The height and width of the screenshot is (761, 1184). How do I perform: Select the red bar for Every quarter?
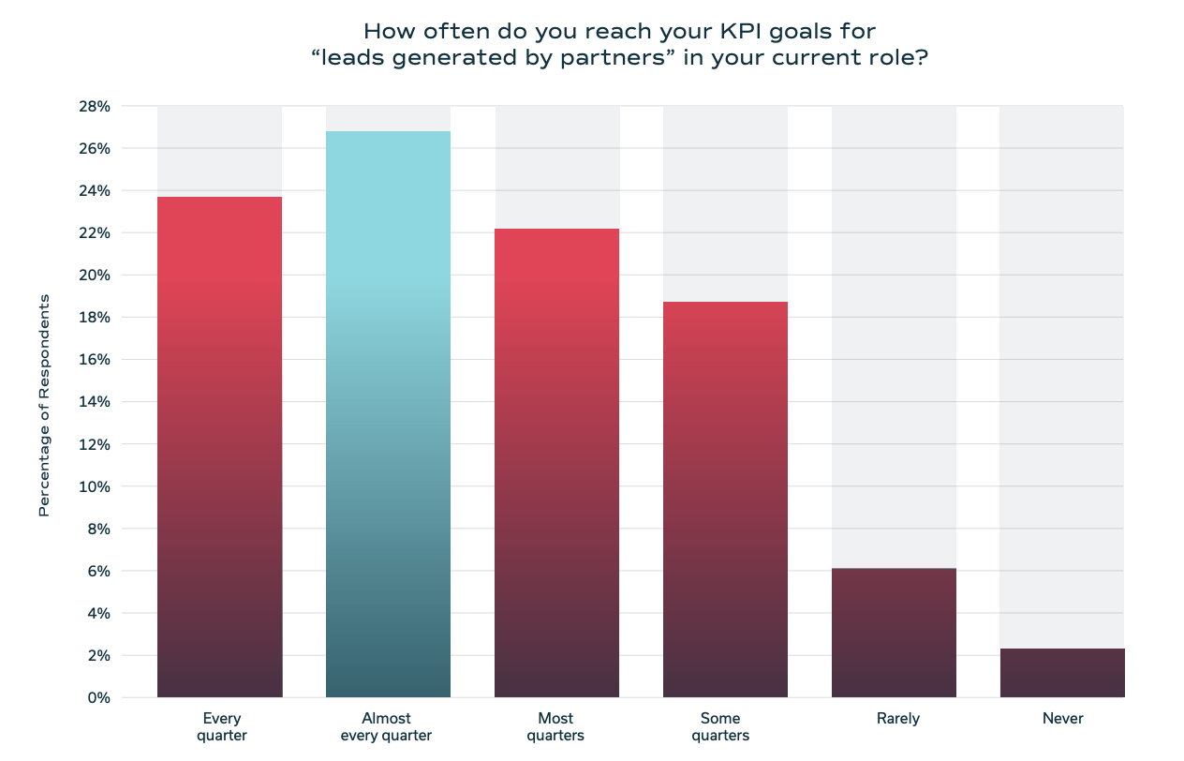click(219, 447)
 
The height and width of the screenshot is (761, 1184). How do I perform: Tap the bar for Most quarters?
click(556, 463)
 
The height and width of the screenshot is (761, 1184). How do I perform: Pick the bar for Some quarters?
click(725, 500)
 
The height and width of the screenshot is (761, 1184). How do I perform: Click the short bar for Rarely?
click(894, 633)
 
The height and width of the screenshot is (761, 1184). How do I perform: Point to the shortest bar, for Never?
click(1062, 673)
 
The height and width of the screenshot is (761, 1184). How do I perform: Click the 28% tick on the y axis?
click(93, 107)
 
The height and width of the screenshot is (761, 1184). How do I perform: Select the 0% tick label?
click(97, 698)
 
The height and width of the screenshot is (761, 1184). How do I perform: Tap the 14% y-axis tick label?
click(93, 402)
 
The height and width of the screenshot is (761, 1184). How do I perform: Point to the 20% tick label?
click(93, 276)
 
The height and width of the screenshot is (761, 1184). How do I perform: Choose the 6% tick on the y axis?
click(97, 572)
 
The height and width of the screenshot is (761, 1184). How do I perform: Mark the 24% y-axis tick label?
click(93, 191)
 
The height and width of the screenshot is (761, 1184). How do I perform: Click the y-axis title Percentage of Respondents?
click(43, 405)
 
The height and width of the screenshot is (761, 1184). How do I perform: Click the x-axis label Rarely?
click(898, 719)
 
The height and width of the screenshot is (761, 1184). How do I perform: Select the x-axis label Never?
click(1062, 719)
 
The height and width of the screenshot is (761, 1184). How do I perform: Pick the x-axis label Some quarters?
click(720, 727)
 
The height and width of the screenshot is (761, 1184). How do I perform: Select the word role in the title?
click(895, 57)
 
